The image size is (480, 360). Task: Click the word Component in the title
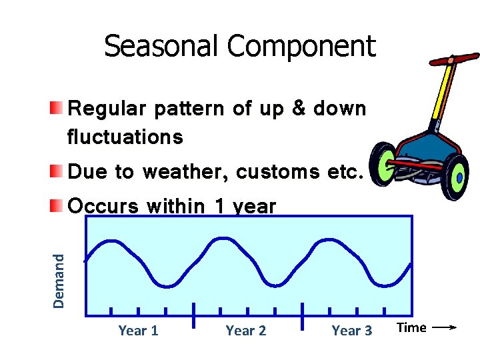pos(301,46)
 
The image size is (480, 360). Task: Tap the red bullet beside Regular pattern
pos(59,107)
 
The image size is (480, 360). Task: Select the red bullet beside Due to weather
pos(59,171)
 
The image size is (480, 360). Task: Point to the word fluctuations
pos(125,137)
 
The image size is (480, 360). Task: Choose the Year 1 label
pos(138,331)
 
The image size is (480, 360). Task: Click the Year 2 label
pos(245,331)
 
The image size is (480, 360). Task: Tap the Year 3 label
pos(352,331)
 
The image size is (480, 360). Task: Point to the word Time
pos(411,327)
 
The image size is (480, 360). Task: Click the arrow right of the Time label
pos(443,327)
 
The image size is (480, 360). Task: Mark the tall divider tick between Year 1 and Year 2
pos(193,315)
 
